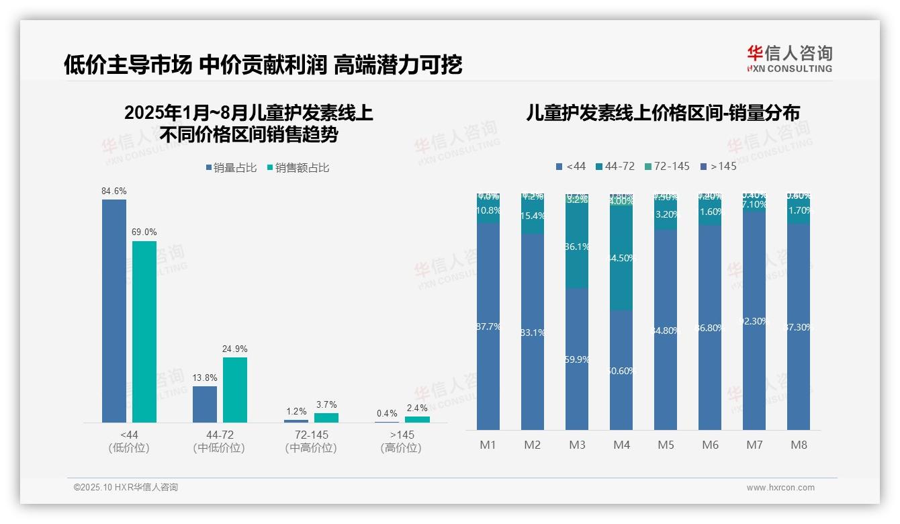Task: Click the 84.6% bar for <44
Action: coord(114,310)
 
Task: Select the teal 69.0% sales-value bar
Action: coord(144,331)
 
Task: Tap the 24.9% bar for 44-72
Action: coord(235,390)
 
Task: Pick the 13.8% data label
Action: coord(204,378)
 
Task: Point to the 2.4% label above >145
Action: coord(416,408)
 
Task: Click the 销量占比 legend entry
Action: coord(231,168)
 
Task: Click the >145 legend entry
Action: coord(718,166)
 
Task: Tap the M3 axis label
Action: coord(577,445)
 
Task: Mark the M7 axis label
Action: coord(754,445)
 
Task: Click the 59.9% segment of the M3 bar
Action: coord(577,359)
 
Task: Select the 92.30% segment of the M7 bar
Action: coord(754,321)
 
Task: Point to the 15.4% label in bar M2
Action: coord(533,216)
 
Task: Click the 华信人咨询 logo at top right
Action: coord(789,58)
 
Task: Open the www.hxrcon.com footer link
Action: coord(780,488)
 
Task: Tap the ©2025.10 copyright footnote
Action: coord(126,488)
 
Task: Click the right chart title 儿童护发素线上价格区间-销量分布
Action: coord(663,114)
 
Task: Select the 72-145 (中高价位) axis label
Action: coord(310,441)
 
